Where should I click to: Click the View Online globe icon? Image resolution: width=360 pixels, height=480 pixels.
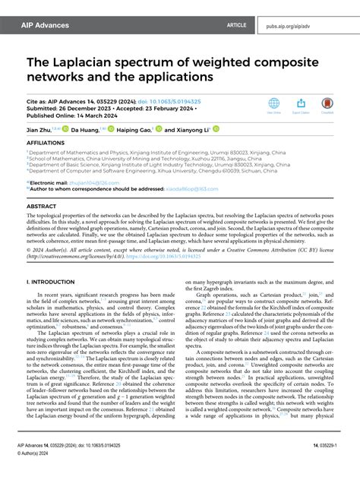273,104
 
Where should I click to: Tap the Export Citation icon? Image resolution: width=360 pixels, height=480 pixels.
301,104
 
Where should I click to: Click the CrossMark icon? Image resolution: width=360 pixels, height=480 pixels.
327,104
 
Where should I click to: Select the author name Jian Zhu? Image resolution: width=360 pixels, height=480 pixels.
39,130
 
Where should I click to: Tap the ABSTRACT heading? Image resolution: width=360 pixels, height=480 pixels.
41,205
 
